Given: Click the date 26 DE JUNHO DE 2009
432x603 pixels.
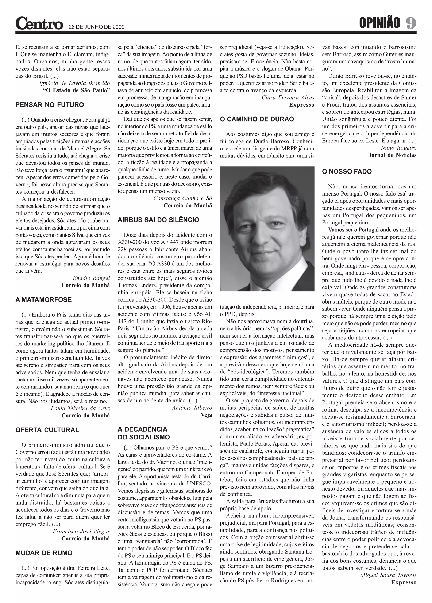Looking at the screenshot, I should pyautogui.click(x=97, y=27).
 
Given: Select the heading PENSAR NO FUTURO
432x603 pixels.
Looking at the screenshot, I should pyautogui.click(x=50, y=105).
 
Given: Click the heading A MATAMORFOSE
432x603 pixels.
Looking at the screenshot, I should pyautogui.click(x=43, y=300).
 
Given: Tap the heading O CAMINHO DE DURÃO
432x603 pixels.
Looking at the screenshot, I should pyautogui.click(x=257, y=119).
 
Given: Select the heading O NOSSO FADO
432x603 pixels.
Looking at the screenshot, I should pyautogui.click(x=347, y=171).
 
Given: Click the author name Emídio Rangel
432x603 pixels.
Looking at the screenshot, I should pyautogui.click(x=91, y=278).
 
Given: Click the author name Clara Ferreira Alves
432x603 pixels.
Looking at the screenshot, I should pyautogui.click(x=288, y=98).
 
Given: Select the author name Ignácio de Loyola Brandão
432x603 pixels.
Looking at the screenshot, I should pyautogui.click(x=74, y=83).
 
